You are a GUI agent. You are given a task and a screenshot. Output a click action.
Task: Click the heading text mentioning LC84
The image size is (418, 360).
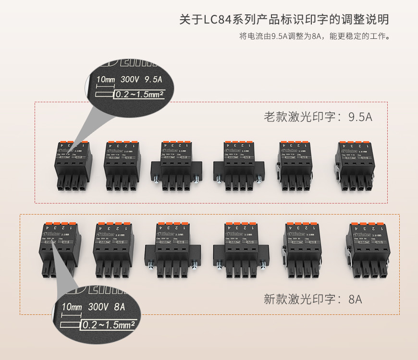(283, 20)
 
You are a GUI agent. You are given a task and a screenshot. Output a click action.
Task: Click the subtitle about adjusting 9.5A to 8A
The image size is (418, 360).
(313, 36)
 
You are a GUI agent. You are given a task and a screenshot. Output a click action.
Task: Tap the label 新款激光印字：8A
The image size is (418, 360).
(313, 300)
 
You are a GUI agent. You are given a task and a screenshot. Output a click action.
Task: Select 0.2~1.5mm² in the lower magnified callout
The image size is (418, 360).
(108, 325)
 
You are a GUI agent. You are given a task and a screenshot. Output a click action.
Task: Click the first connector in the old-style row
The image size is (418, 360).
(72, 166)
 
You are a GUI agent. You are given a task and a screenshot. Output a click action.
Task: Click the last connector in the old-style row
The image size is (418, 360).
(355, 166)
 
